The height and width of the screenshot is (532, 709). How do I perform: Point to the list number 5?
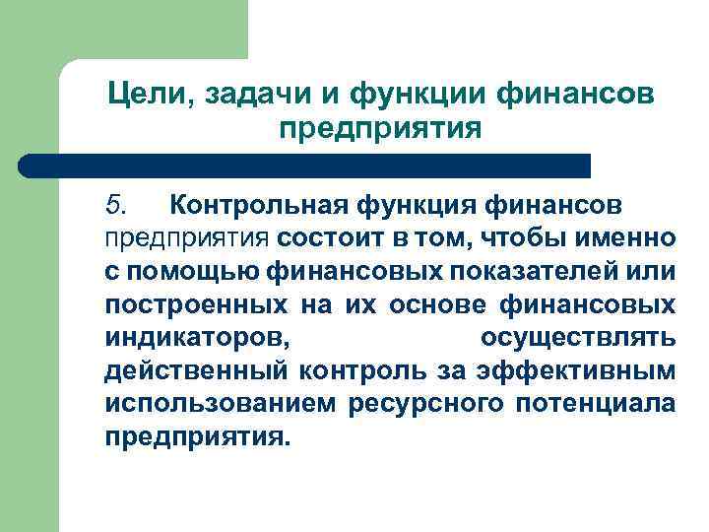point(116,205)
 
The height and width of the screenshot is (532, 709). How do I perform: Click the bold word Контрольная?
point(253,205)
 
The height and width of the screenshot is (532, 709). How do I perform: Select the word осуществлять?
point(578,338)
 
